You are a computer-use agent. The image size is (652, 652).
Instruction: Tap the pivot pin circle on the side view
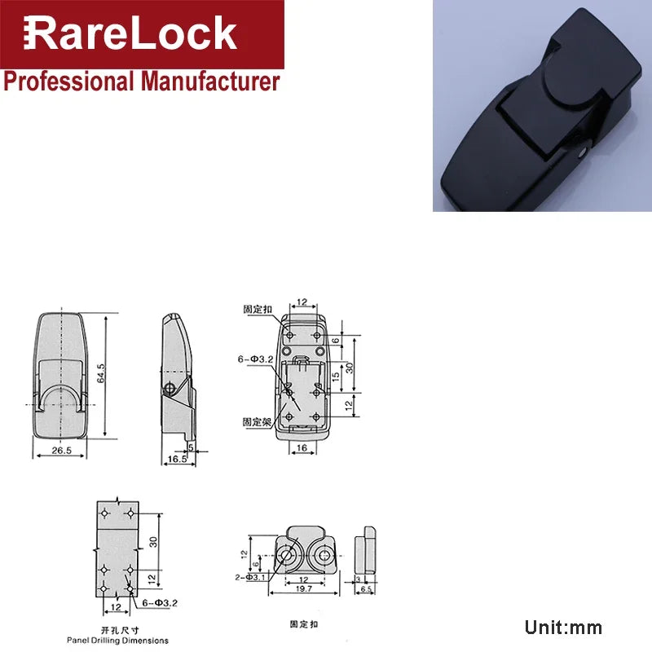170,387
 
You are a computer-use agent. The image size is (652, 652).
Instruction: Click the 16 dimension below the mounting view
302,449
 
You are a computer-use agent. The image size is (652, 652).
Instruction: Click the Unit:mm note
563,628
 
